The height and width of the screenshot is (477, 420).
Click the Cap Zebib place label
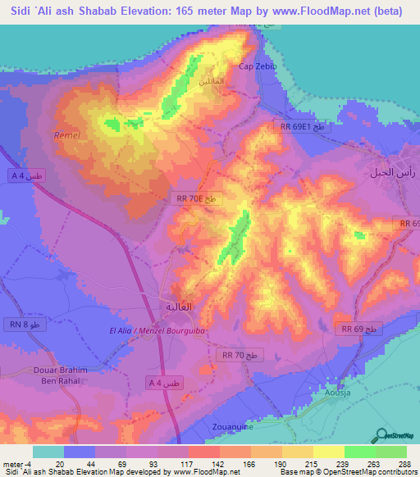(x=253, y=66)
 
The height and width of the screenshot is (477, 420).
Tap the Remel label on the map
(x=66, y=135)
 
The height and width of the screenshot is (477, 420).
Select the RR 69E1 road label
(x=303, y=126)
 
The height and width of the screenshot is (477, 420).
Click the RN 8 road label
(x=24, y=325)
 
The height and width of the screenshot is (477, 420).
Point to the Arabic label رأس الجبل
(x=389, y=173)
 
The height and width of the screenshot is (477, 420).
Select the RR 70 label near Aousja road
(x=240, y=355)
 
